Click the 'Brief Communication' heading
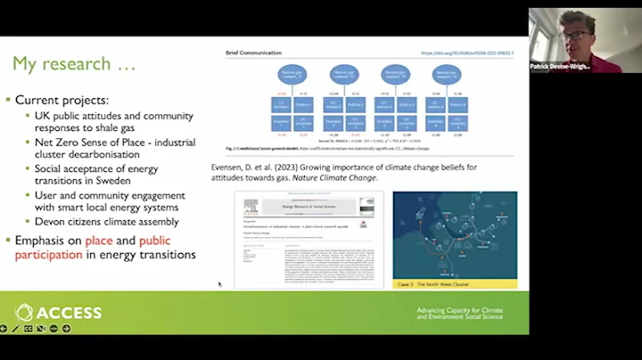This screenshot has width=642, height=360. click(254, 53)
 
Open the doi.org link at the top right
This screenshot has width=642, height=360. click(469, 53)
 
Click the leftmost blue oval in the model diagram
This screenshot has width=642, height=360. click(290, 74)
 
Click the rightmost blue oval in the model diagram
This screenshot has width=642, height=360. click(446, 74)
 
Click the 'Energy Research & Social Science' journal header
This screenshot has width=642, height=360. click(309, 206)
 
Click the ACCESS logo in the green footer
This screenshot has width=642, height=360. click(59, 312)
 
